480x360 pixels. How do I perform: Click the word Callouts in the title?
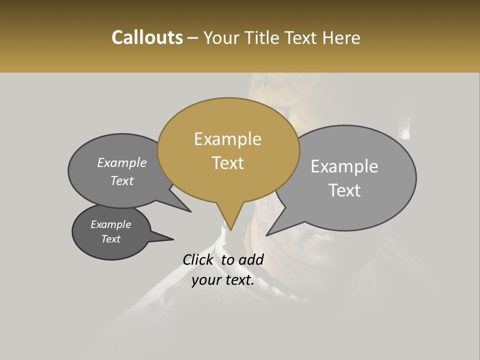(x=147, y=38)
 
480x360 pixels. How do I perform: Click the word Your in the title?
(x=221, y=38)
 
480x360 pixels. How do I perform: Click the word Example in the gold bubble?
(x=227, y=139)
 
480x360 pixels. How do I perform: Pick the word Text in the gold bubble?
(x=227, y=163)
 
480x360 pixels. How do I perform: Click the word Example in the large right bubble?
(x=344, y=166)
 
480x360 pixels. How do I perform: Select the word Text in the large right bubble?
(x=345, y=190)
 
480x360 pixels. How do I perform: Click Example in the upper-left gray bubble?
(x=122, y=163)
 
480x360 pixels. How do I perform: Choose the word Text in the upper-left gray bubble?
(x=122, y=181)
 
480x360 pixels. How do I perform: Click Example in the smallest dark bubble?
(x=110, y=224)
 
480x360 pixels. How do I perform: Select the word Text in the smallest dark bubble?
(x=110, y=239)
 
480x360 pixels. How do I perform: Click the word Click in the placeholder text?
(x=198, y=259)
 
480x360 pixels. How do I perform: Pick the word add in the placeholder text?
(x=251, y=259)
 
